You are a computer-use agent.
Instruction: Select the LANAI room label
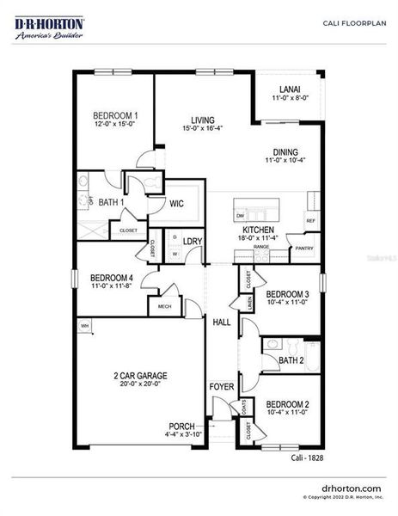tap(289, 89)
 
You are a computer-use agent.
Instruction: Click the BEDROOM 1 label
tap(115, 114)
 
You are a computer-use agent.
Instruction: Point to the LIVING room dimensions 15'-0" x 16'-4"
tap(204, 129)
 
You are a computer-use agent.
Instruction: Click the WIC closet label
tap(176, 204)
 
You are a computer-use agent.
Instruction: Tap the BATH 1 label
tap(111, 202)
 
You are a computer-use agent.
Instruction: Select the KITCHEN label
tap(257, 230)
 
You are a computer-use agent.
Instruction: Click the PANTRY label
tap(304, 249)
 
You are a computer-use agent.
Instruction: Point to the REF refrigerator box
tap(310, 220)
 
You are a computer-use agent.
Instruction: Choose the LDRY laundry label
tap(193, 242)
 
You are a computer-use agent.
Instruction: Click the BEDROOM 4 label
tap(112, 277)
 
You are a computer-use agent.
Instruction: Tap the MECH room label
tap(163, 305)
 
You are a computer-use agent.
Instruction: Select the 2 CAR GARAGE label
tap(140, 376)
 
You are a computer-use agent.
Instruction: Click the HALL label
tap(221, 322)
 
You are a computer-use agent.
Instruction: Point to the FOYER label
tap(222, 387)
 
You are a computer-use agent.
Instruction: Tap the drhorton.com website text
tap(350, 487)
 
